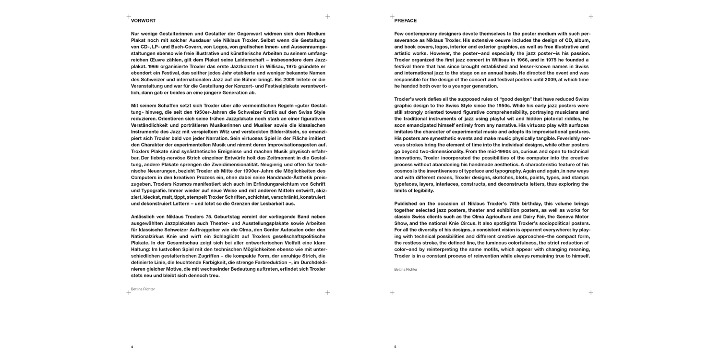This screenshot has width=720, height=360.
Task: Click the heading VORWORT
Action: point(144,21)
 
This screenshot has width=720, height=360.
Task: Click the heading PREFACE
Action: point(406,21)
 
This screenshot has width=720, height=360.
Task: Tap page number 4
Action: point(132,347)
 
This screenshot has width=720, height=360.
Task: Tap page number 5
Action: point(395,347)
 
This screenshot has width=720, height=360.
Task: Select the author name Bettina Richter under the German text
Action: point(143,289)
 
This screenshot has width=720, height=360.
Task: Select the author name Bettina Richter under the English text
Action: point(406,270)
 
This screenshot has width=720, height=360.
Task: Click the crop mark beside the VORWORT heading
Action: point(128,16)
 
